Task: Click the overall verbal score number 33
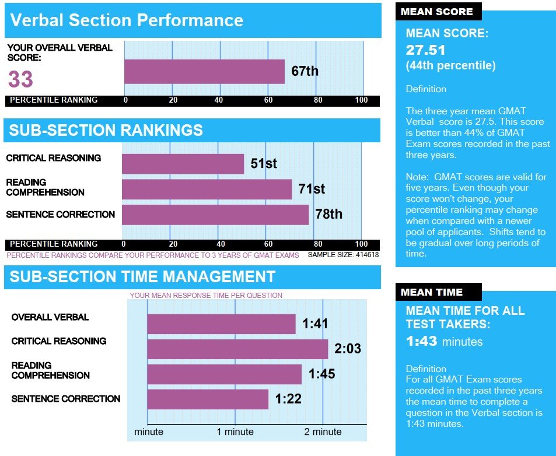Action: [20, 79]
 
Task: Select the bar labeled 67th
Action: [204, 72]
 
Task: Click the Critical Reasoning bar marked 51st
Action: [183, 164]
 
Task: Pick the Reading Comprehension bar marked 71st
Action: [207, 189]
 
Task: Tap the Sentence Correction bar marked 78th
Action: [215, 215]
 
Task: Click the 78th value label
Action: [328, 215]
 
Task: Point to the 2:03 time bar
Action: [237, 349]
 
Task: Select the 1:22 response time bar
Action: [208, 399]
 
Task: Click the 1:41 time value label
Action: [315, 324]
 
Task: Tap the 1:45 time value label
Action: [321, 374]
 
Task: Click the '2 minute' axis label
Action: [323, 432]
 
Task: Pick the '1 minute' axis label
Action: [235, 432]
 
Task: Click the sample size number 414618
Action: [363, 255]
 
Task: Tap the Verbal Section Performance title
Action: [127, 21]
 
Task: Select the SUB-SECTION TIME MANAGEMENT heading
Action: [142, 276]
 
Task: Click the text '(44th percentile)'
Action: [450, 66]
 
